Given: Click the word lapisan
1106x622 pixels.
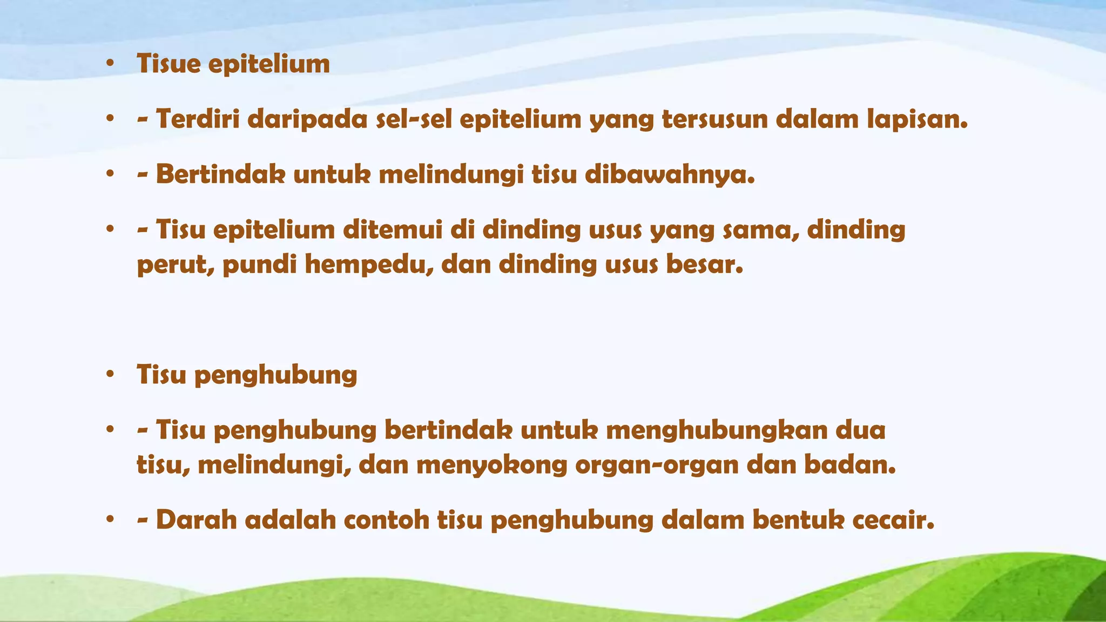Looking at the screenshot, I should [918, 119].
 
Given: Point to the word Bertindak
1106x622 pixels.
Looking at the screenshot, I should [220, 175].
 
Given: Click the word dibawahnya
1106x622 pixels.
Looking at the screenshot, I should [670, 175].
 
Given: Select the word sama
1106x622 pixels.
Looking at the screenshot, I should [761, 230].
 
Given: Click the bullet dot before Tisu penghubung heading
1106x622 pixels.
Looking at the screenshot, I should [110, 374].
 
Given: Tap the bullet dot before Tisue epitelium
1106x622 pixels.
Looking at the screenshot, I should [110, 64].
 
